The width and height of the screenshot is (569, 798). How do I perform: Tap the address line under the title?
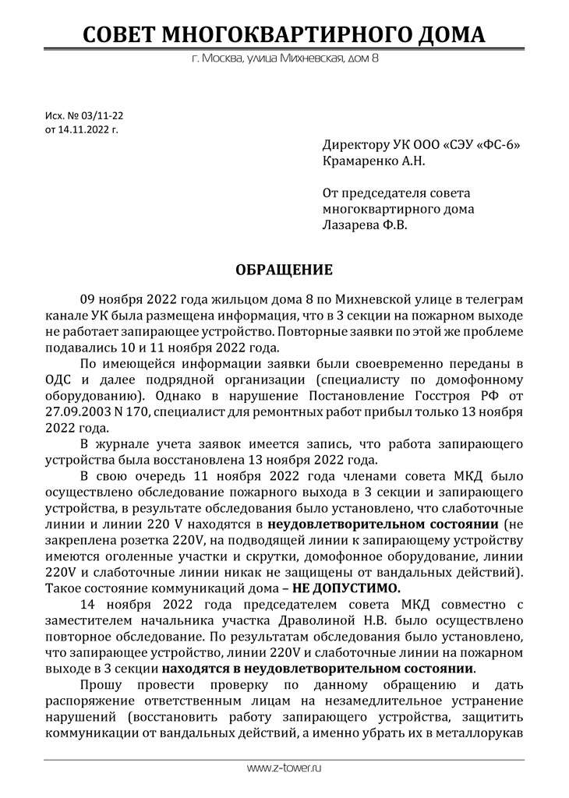[284, 59]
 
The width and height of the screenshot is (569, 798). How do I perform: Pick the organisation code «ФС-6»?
[497, 146]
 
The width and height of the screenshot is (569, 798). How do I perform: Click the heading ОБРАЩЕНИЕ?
[284, 270]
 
